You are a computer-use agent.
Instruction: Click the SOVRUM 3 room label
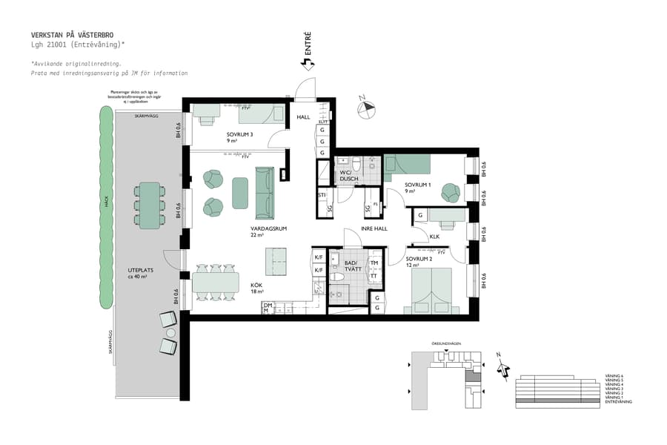[240, 134]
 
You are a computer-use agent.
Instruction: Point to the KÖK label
[256, 286]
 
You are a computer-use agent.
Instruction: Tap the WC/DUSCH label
[349, 176]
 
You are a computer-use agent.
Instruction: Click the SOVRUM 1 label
[418, 185]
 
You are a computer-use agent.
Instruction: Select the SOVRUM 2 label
[418, 259]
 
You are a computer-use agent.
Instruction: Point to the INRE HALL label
[374, 228]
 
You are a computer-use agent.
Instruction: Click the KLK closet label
[435, 237]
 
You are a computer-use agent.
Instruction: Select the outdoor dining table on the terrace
[150, 205]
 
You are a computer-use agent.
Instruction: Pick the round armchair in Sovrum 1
[450, 193]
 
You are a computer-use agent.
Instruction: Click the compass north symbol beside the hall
[366, 108]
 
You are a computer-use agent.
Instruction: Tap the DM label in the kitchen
[267, 305]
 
